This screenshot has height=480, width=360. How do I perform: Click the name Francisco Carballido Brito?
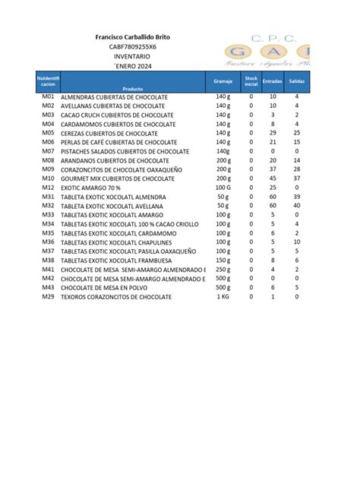132,37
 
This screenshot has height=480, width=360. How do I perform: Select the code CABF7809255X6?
132,47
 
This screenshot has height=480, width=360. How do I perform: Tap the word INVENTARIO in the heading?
132,57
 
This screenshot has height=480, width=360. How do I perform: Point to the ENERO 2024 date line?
132,67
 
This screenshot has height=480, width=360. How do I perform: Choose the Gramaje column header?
223,80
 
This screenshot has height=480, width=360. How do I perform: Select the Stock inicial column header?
251,80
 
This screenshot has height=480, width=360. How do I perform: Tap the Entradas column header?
273,80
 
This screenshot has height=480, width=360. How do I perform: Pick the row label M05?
48,133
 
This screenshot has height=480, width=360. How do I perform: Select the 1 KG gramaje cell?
223,296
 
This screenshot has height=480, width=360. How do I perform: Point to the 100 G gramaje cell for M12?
223,187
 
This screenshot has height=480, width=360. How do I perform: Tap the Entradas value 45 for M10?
273,178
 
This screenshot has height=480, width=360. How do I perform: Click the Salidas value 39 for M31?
296,196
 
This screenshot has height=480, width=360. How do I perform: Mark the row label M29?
48,296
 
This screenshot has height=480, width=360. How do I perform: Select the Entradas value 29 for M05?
273,133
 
